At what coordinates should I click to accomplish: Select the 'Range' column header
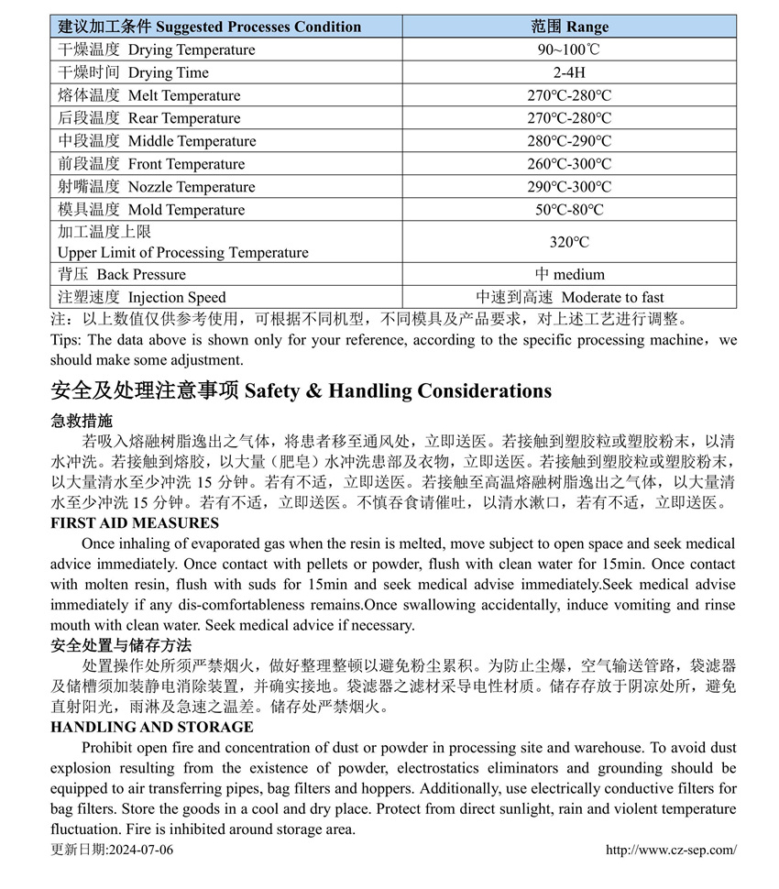click(x=569, y=27)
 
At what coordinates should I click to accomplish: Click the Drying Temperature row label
click(x=157, y=49)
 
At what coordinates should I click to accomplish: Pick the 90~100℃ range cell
click(x=569, y=49)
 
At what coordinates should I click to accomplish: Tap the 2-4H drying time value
click(x=569, y=72)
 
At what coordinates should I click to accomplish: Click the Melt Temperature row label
click(x=149, y=95)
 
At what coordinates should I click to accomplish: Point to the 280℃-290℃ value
click(x=569, y=141)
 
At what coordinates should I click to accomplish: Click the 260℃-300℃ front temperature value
click(x=569, y=164)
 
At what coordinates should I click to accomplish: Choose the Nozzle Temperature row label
click(x=157, y=187)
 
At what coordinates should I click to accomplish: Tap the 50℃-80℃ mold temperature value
click(x=569, y=210)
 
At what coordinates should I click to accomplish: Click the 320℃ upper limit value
click(x=569, y=242)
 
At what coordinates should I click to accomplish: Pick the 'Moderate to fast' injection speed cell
click(x=569, y=297)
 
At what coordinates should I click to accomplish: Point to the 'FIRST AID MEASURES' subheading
click(x=135, y=523)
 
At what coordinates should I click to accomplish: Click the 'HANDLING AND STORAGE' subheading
click(x=151, y=727)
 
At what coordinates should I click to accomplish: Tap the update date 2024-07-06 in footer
click(x=112, y=850)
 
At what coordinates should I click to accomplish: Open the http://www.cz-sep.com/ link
click(x=671, y=850)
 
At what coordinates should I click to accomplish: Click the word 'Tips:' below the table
click(x=67, y=340)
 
